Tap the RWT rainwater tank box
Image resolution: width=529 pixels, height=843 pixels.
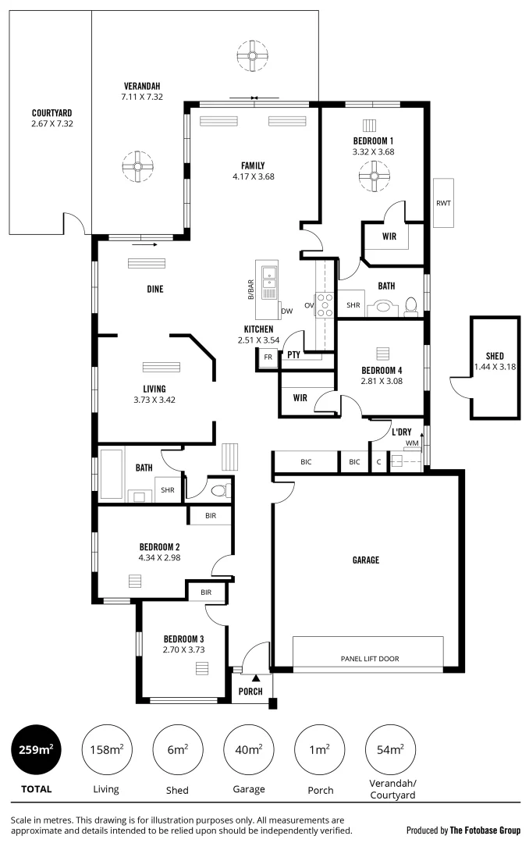click(x=444, y=203)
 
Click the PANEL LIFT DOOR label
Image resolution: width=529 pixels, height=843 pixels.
click(x=369, y=659)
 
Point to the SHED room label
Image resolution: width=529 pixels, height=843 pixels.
click(x=494, y=356)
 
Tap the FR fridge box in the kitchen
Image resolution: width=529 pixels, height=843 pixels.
click(x=268, y=357)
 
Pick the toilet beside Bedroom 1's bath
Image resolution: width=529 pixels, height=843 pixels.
click(x=411, y=304)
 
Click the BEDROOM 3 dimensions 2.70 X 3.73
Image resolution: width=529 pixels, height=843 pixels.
click(x=183, y=649)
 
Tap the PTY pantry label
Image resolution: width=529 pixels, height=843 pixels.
click(x=293, y=354)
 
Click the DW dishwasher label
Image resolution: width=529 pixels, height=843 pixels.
click(x=286, y=311)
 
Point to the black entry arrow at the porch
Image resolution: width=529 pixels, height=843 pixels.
click(x=254, y=678)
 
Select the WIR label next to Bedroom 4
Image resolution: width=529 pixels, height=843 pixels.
click(x=300, y=397)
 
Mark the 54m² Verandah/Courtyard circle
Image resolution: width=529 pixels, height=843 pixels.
click(x=390, y=750)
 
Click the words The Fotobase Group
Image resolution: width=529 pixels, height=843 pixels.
click(x=485, y=831)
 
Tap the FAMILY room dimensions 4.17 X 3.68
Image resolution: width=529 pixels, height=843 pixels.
click(x=253, y=176)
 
